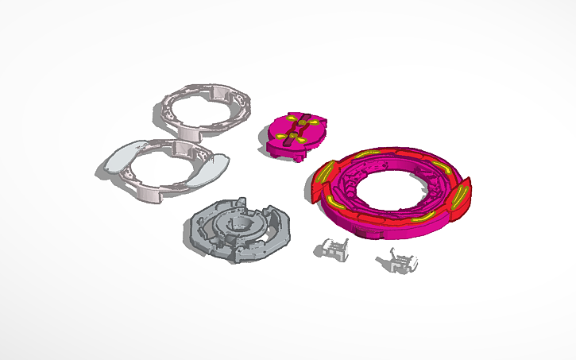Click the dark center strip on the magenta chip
tap(296, 130)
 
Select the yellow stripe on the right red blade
tap(457, 201)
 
